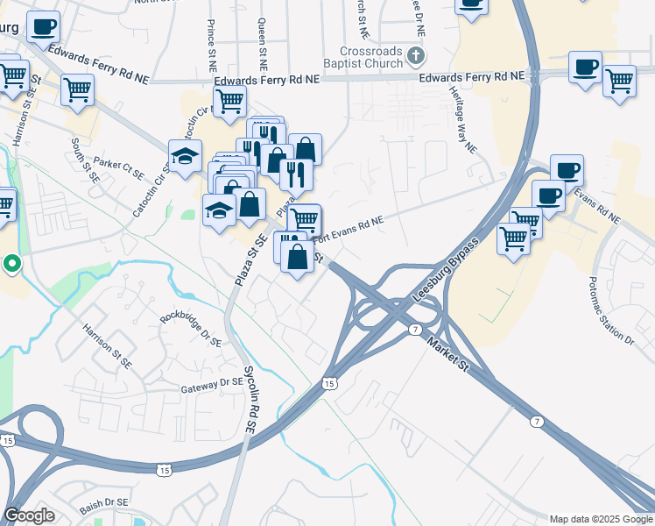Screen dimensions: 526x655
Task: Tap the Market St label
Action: pyautogui.click(x=450, y=356)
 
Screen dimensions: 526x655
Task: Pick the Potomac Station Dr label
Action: pyautogui.click(x=611, y=312)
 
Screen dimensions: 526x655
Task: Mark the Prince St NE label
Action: pyautogui.click(x=211, y=46)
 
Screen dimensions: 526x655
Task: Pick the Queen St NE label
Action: pyautogui.click(x=262, y=46)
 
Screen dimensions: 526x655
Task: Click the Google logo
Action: pyautogui.click(x=29, y=515)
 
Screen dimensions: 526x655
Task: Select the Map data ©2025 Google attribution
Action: pyautogui.click(x=601, y=519)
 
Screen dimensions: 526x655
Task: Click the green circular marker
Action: pyautogui.click(x=11, y=262)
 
